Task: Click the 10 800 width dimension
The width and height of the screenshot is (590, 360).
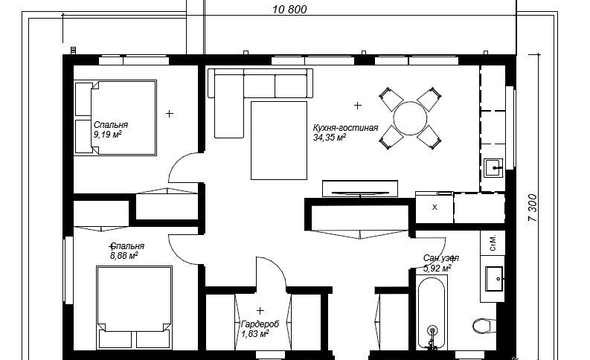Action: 289,10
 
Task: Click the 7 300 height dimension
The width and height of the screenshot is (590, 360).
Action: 533,208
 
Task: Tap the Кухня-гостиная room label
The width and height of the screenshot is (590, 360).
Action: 345,128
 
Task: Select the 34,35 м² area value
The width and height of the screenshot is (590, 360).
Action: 330,138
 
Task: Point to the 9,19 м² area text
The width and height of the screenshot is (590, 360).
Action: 108,135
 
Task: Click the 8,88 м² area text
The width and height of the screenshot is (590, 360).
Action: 124,256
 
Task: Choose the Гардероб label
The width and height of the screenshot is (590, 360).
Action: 260,324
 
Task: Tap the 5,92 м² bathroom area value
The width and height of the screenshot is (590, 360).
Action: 437,269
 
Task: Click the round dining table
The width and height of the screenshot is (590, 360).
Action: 410,118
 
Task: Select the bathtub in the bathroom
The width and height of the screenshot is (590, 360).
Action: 432,312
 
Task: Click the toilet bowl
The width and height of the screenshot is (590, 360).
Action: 484,325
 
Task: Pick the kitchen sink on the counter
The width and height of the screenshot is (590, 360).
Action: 493,168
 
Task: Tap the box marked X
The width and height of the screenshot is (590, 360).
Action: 435,208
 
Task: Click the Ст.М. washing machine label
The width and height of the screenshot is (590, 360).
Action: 493,243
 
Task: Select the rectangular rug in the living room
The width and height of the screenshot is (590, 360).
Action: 279,141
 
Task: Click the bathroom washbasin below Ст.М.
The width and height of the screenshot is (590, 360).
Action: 494,279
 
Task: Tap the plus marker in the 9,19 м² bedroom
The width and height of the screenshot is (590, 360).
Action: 170,113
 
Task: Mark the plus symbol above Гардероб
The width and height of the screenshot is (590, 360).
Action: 260,311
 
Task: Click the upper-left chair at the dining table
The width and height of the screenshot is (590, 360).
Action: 390,98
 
